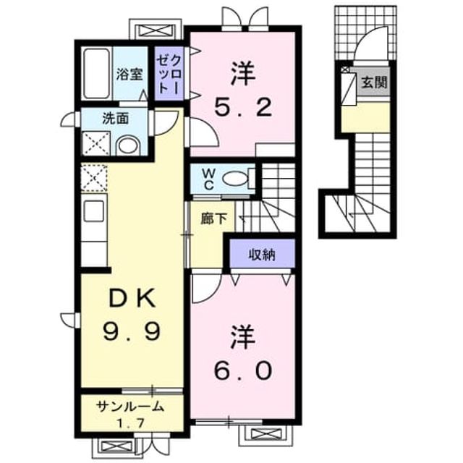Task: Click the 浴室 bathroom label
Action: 129,74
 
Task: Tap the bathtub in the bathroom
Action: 96,74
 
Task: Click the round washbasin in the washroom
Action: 128,146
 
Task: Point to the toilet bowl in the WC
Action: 234,179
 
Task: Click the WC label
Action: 208,179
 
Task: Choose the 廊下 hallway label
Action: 213,218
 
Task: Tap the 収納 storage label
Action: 262,255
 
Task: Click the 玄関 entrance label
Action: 374,82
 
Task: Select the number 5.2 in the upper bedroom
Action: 243,108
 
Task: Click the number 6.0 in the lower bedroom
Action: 242,371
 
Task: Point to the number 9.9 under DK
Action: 132,331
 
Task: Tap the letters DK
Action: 132,299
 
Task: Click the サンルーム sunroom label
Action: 130,407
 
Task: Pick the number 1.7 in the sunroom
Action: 130,424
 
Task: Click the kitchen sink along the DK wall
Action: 94,211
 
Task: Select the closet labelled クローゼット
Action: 169,74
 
